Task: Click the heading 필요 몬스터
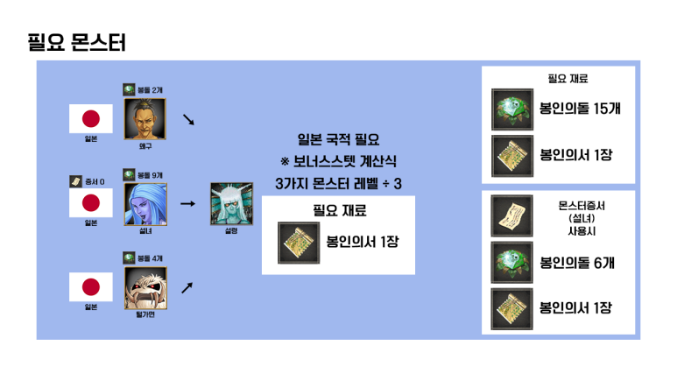[77, 42]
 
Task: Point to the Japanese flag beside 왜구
[91, 118]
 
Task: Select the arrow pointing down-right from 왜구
[187, 118]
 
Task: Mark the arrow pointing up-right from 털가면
[187, 286]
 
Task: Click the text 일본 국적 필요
[338, 139]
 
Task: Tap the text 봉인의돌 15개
[580, 110]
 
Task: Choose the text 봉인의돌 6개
[575, 261]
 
